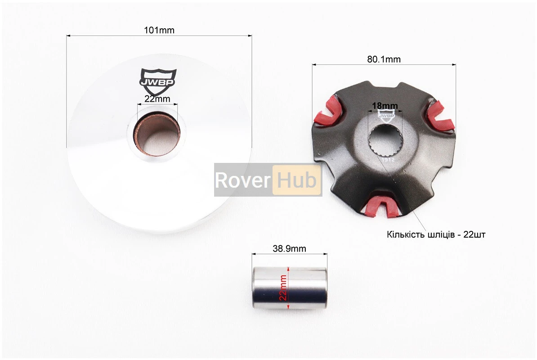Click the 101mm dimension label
tap(159, 30)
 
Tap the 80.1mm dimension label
tap(384, 59)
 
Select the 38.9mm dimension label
tap(289, 248)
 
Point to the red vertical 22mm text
tap(283, 288)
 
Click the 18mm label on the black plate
tap(385, 106)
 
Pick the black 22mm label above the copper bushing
tap(157, 99)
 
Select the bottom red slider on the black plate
tap(381, 206)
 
